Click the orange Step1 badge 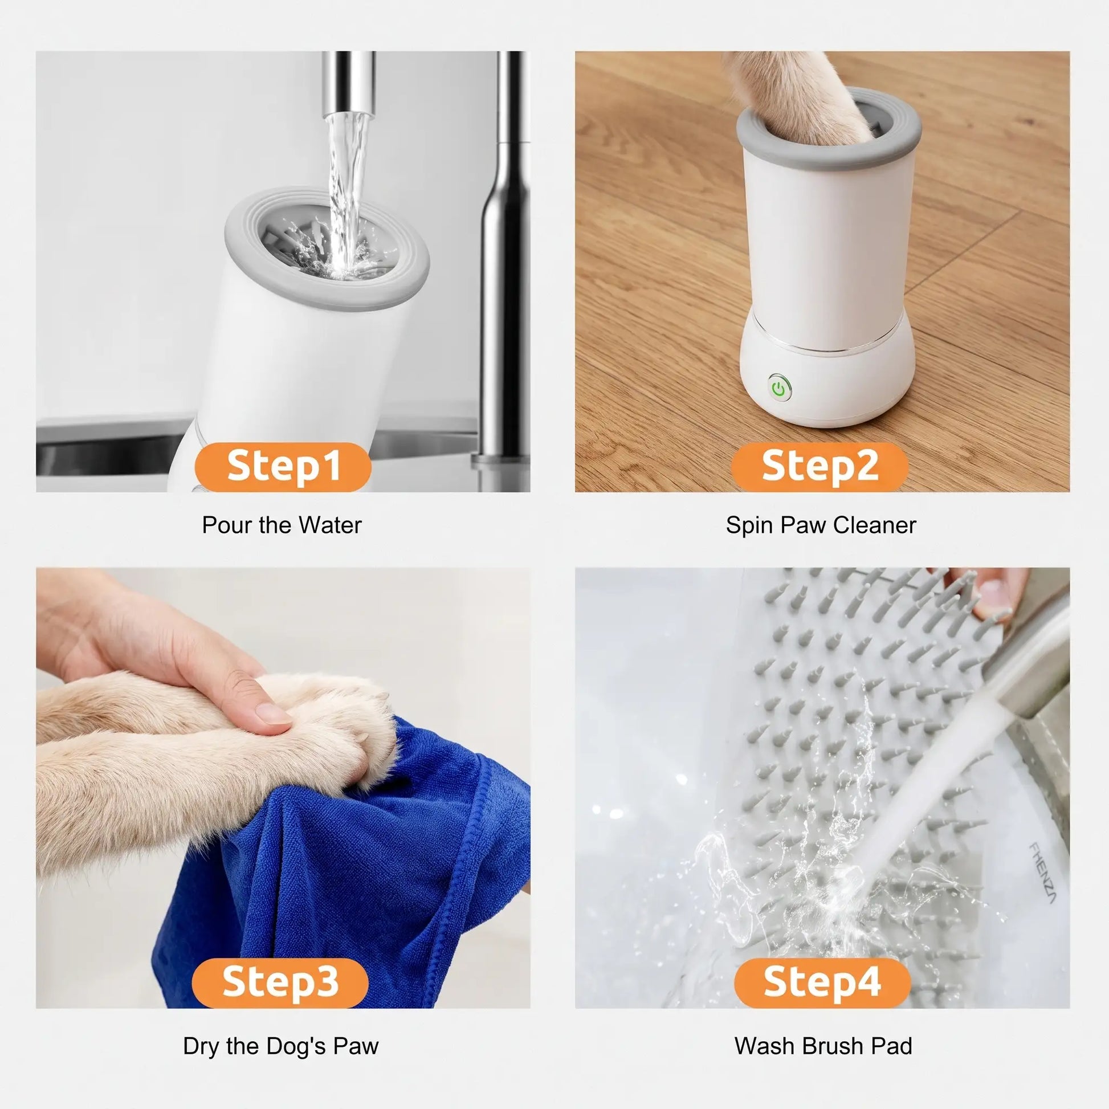pos(283,467)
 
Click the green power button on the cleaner pos(778,389)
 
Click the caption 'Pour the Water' pos(282,526)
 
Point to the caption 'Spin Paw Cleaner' pos(821,526)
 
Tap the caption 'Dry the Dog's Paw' pos(281,1046)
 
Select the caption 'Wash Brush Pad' pos(823,1046)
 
